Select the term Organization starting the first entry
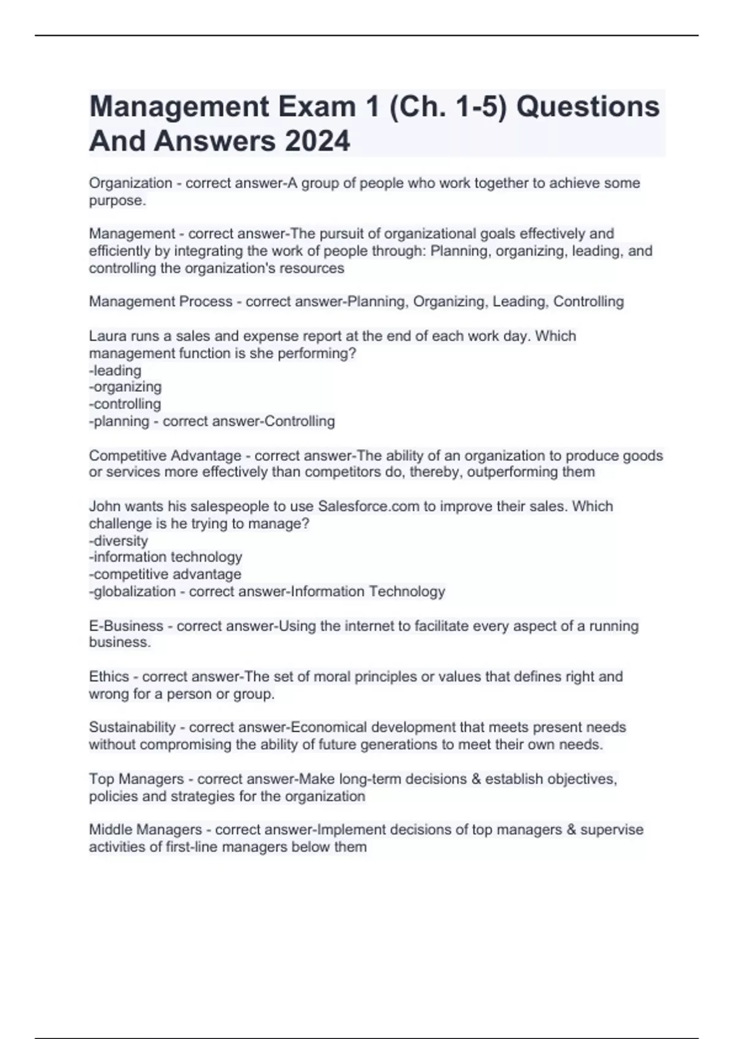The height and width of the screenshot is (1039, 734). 130,183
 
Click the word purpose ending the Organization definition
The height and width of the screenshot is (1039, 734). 116,200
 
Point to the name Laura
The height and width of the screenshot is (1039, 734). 106,336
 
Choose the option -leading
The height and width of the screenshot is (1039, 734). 116,370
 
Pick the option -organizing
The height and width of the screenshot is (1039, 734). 125,387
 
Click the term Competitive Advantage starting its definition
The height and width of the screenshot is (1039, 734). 165,456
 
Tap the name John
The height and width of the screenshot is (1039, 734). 105,507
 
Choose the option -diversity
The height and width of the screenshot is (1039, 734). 119,541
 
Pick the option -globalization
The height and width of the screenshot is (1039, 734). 132,592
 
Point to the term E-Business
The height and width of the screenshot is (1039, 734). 126,626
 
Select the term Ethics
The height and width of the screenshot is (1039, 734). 109,677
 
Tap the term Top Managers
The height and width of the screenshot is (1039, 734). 136,779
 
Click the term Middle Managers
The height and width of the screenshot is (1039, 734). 146,830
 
